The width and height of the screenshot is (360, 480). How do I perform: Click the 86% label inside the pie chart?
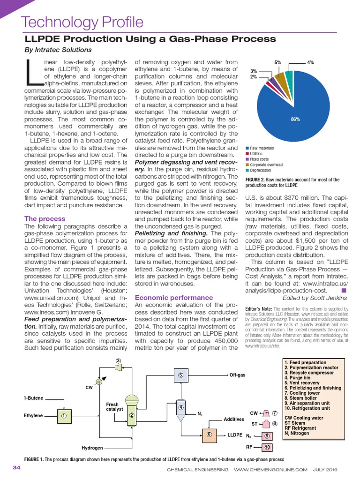click(295, 120)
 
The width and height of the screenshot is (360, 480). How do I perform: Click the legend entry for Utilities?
click(256, 154)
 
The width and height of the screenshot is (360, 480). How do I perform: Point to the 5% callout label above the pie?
click(277, 62)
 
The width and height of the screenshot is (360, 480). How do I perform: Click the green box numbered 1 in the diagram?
click(63, 415)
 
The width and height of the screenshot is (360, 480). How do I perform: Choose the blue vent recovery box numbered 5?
click(180, 375)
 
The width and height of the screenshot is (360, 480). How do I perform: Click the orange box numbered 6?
click(209, 435)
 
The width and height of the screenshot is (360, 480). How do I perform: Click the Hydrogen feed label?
click(93, 448)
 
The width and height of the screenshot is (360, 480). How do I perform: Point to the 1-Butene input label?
click(33, 398)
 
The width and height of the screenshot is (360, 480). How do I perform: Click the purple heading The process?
click(45, 218)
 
